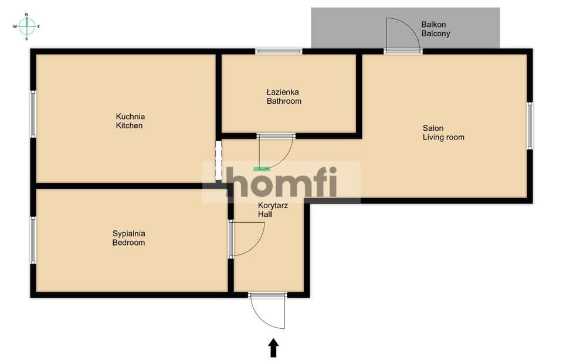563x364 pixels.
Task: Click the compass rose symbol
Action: coord(26,26)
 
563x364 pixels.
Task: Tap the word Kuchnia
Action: coord(130,116)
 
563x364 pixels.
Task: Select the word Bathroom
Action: coord(284,101)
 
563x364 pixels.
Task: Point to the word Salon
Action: coord(433,128)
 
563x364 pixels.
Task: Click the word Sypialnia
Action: coord(129,234)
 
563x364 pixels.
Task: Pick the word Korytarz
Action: coord(273,206)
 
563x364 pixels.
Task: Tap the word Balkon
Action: coord(433,25)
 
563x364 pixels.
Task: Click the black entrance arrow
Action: coord(274,348)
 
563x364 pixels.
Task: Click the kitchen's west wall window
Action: coord(33,114)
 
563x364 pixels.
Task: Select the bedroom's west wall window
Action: coord(33,240)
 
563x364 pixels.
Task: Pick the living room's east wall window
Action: coord(530,125)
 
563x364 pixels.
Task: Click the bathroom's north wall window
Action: coord(279,52)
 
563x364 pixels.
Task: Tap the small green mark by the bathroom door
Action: coord(262,168)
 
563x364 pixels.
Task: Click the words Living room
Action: coord(443,137)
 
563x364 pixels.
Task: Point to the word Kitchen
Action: coord(129,125)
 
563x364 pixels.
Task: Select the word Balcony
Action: coord(436,34)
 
